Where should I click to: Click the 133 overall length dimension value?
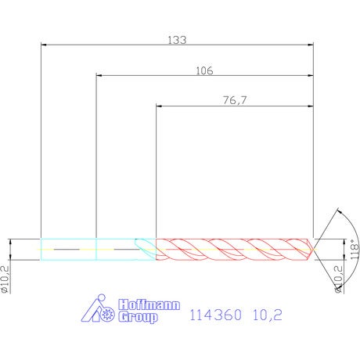tap(177, 40)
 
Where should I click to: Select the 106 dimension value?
tap(204, 70)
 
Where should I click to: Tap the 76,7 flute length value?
tap(235, 100)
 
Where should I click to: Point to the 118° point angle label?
tap(355, 249)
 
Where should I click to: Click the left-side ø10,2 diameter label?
tap(5, 279)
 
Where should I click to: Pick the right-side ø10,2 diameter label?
tap(338, 279)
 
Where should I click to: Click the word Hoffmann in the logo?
tap(149, 304)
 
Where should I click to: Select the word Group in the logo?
tap(138, 317)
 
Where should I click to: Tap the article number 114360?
tap(215, 315)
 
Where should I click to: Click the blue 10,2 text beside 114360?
tap(268, 315)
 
